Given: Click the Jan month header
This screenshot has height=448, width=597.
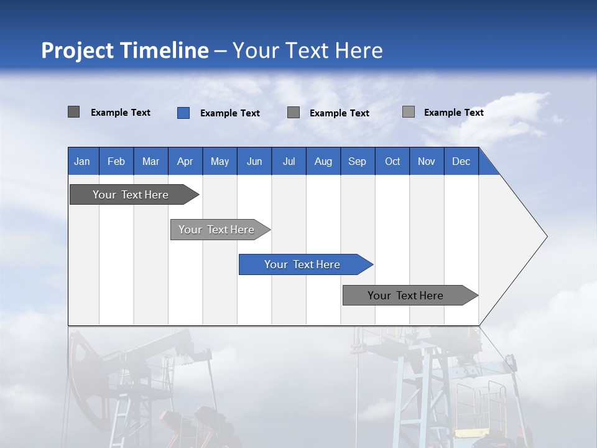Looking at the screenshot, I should [83, 161].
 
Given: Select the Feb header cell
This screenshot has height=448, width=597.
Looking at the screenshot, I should [116, 161].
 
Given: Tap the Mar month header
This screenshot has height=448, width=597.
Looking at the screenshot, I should [150, 161].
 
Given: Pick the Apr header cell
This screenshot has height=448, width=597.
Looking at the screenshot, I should [185, 161].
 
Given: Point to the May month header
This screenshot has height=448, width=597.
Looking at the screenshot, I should [220, 161].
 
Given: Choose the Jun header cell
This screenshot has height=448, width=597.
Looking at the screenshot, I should [254, 161].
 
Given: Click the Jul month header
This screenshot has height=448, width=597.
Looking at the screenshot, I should [289, 161].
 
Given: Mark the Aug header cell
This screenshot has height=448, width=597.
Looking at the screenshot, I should [323, 161].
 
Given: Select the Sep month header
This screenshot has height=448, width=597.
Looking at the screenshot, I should [358, 161].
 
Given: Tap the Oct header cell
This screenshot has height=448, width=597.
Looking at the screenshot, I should [392, 161].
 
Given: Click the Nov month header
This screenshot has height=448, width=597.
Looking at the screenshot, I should [427, 161].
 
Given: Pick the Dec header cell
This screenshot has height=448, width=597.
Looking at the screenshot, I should [461, 161].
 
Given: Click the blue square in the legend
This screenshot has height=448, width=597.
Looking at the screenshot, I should [183, 113].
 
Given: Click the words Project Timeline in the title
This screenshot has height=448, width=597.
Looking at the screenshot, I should [125, 50].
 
